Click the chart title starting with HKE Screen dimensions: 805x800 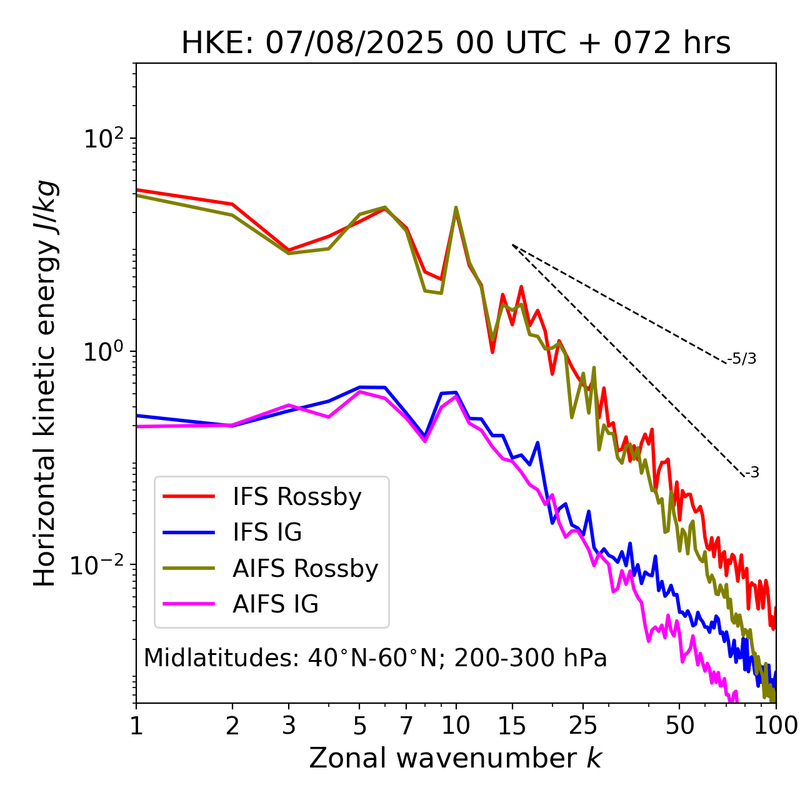click(456, 43)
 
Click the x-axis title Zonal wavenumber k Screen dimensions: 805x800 click(456, 757)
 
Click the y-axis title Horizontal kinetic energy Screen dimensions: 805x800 click(45, 382)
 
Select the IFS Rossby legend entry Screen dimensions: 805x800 click(297, 497)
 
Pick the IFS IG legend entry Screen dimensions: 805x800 click(267, 532)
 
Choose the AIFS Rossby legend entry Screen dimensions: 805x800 click(305, 569)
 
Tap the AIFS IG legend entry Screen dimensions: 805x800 click(276, 604)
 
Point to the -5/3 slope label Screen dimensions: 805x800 click(742, 359)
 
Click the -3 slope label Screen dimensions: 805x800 click(752, 473)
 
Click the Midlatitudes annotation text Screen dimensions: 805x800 click(375, 658)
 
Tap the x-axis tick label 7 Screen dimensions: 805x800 click(406, 726)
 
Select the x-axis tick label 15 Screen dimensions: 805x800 click(512, 726)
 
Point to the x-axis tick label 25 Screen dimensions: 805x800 click(583, 726)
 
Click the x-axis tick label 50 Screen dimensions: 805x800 click(679, 726)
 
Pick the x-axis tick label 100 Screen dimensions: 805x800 click(776, 726)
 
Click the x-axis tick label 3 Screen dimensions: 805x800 click(289, 726)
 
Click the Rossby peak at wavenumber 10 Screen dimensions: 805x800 click(456, 208)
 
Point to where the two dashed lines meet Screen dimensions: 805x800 click(512, 245)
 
